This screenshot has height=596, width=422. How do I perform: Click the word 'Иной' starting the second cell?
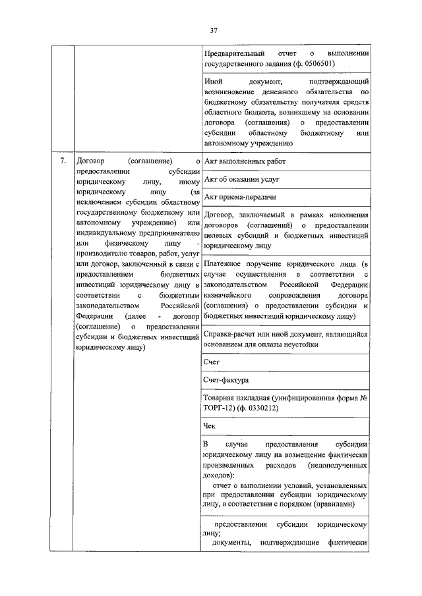click(214, 81)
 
